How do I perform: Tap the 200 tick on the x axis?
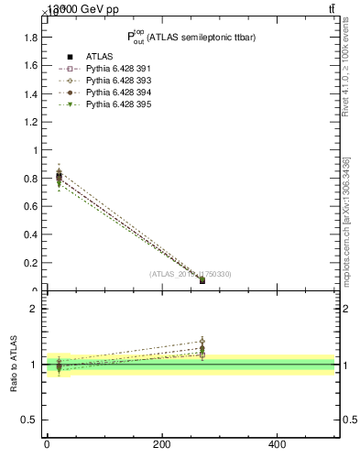(x=161, y=444)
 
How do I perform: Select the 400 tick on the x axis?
(x=277, y=444)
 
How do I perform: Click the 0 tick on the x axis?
(x=47, y=444)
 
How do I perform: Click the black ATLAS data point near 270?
(x=202, y=280)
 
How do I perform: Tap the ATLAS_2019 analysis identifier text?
(x=191, y=274)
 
